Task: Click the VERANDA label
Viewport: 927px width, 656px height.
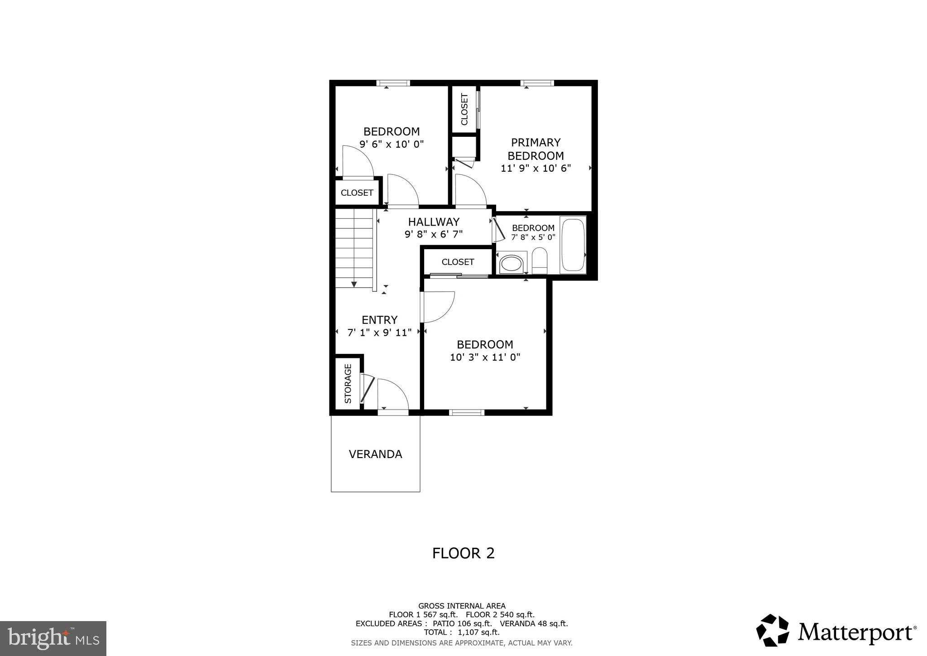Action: [x=375, y=454]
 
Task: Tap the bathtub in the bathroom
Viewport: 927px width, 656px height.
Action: [x=573, y=245]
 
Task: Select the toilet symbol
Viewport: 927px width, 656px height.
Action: [x=539, y=261]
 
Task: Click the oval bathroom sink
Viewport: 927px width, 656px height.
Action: [x=511, y=264]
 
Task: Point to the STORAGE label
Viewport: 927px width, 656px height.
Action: [x=348, y=383]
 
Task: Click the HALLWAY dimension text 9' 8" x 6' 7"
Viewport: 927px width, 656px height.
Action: [x=433, y=234]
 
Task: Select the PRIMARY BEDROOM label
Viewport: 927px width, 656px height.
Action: [x=535, y=149]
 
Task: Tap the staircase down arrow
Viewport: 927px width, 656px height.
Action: [x=354, y=284]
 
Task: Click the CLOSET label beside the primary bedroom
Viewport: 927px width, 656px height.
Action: [x=464, y=109]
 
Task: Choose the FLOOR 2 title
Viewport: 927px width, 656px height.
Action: [x=463, y=553]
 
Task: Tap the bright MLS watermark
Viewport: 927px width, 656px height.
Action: [x=53, y=638]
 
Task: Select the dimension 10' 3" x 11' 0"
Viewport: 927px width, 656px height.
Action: [x=485, y=357]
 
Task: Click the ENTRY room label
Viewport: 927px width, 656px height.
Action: [x=379, y=320]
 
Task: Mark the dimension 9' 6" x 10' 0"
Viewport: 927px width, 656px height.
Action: [x=392, y=145]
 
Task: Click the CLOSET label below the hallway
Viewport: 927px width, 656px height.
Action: [x=458, y=262]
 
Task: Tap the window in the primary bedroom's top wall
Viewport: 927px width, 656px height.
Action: [x=537, y=83]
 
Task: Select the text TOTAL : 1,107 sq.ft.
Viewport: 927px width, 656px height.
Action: [x=461, y=632]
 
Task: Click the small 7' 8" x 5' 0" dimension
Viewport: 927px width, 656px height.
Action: [x=533, y=237]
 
